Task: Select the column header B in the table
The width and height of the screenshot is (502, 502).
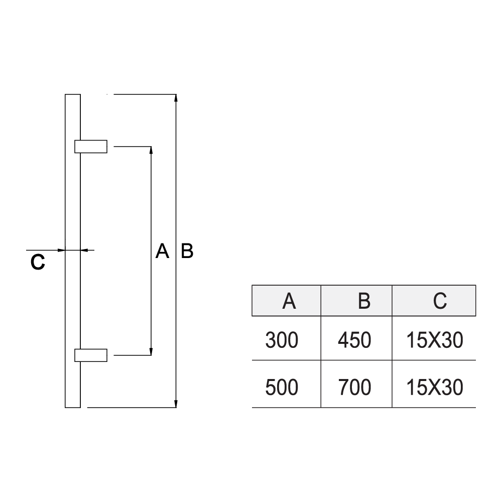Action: [364, 301]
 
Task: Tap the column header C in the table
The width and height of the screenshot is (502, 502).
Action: [439, 301]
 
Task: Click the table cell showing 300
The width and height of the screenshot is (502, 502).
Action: [282, 341]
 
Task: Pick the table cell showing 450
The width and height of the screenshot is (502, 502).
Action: [354, 341]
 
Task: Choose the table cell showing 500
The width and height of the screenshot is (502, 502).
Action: [282, 387]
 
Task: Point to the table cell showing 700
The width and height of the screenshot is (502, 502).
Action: [354, 387]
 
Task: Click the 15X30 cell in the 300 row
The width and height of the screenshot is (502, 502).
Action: [435, 341]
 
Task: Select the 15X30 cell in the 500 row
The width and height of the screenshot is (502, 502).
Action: [435, 387]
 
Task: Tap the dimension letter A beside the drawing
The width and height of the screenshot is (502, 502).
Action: [162, 251]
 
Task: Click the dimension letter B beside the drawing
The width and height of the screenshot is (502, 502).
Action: [187, 251]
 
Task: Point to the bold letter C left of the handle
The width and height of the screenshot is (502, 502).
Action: [38, 262]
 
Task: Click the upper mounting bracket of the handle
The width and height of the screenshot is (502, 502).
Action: [91, 146]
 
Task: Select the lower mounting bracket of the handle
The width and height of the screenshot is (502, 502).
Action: [91, 355]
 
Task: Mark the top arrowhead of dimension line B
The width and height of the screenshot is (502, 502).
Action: [176, 98]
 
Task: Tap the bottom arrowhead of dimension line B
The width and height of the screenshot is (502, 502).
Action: [176, 404]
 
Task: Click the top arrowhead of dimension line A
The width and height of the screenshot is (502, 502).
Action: [151, 151]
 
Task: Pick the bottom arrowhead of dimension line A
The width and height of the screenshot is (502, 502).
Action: [151, 351]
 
